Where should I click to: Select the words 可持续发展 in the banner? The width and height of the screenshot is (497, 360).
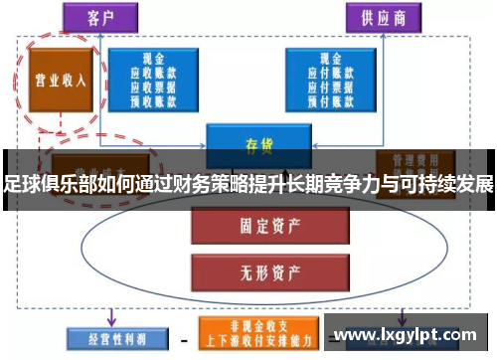[x=453, y=184]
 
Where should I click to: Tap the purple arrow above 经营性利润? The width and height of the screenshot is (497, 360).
[x=108, y=315]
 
